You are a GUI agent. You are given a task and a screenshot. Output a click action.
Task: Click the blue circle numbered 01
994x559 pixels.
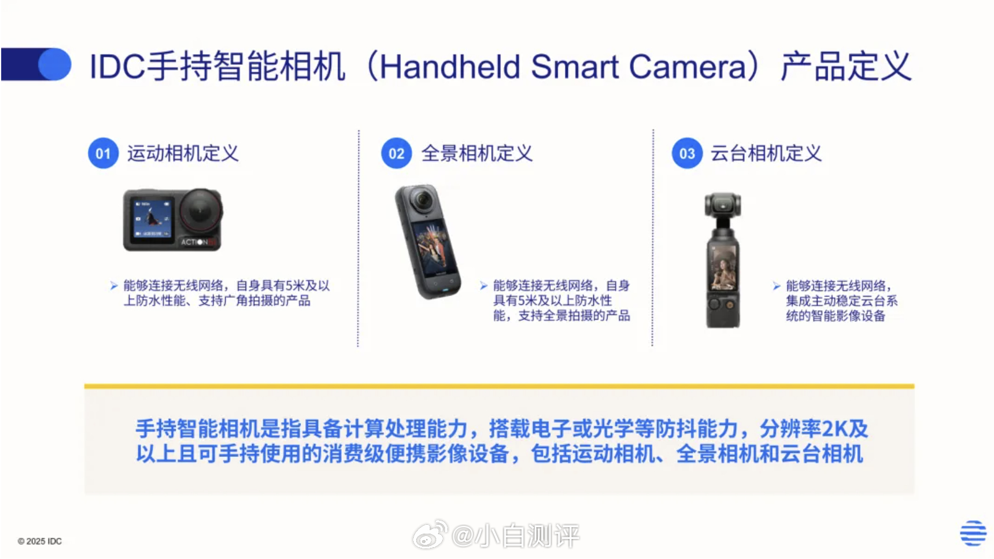click(x=103, y=153)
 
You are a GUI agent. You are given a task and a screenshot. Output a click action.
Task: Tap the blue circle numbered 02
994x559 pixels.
click(x=396, y=153)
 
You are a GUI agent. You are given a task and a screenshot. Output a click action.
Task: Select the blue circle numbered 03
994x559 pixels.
click(x=687, y=153)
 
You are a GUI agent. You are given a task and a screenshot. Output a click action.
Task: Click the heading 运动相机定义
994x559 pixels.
click(x=183, y=153)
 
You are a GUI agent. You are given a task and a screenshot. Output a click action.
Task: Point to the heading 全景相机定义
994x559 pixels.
click(x=476, y=153)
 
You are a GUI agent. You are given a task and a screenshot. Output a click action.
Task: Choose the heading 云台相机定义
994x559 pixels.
click(x=766, y=153)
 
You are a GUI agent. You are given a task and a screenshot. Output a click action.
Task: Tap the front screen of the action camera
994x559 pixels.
click(x=151, y=219)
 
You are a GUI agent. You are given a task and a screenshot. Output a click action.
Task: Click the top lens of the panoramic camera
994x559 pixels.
click(x=423, y=199)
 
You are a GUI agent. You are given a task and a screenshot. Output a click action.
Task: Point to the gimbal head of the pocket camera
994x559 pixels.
click(x=723, y=206)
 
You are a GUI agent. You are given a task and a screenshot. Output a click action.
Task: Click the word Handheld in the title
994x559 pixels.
click(x=450, y=67)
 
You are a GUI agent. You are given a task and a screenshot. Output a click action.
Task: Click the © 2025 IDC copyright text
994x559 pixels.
click(x=40, y=541)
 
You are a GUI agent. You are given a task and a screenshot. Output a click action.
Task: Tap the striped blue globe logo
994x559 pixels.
click(x=973, y=533)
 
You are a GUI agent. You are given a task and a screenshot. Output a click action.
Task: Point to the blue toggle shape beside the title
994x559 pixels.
click(x=36, y=64)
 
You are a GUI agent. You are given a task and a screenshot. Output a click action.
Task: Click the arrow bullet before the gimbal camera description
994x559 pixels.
click(x=777, y=286)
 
